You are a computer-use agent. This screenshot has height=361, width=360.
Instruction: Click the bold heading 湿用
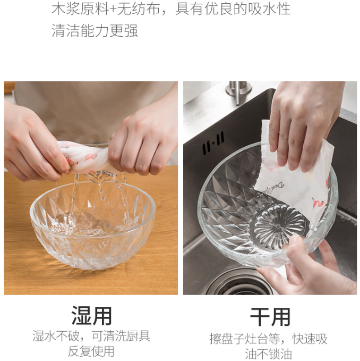[91, 316]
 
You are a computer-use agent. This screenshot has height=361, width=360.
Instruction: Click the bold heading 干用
[270, 317]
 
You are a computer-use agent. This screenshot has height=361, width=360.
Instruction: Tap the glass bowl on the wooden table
[93, 224]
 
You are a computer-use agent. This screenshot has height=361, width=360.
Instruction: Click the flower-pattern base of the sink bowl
[280, 223]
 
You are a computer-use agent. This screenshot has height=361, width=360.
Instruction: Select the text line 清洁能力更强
[95, 31]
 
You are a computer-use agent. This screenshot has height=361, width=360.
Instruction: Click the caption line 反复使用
[91, 351]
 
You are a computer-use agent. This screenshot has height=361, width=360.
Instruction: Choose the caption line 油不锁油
[268, 354]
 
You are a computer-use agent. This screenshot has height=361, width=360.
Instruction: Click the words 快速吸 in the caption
[310, 339]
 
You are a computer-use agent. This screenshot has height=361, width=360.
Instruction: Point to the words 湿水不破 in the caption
[56, 336]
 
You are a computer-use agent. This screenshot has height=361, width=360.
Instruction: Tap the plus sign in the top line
[113, 10]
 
